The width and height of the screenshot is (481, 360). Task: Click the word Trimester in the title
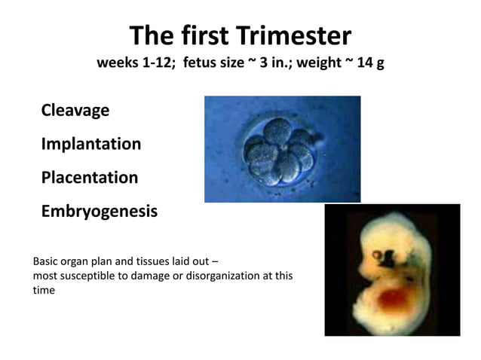(x=294, y=35)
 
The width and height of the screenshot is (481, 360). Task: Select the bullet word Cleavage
(x=75, y=110)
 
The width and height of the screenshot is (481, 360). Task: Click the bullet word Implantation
(x=91, y=144)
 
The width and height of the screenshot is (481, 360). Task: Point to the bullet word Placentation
(x=90, y=178)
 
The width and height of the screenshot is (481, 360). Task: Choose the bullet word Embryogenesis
(x=100, y=212)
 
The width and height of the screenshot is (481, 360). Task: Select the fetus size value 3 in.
(x=273, y=63)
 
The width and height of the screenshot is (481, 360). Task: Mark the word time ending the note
(x=44, y=290)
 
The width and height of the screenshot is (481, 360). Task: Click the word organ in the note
(x=80, y=262)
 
